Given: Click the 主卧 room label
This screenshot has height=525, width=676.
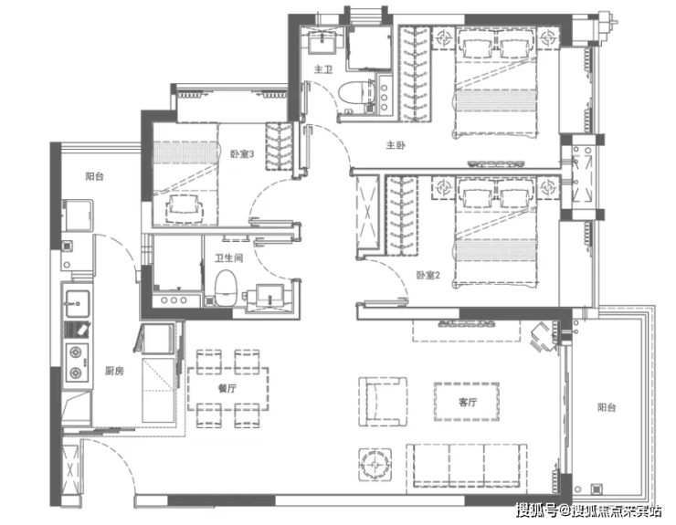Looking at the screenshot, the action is pyautogui.click(x=396, y=145).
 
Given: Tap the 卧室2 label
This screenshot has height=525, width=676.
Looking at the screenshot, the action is pyautogui.click(x=428, y=275).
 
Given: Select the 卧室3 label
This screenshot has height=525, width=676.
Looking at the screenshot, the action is pyautogui.click(x=242, y=154).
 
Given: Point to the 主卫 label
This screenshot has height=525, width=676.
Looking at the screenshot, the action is pyautogui.click(x=323, y=69).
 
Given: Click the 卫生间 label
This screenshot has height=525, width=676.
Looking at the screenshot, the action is pyautogui.click(x=229, y=258).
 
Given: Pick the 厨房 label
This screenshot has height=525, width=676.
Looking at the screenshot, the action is pyautogui.click(x=114, y=371).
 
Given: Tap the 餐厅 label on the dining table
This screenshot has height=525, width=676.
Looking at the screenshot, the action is pyautogui.click(x=227, y=388).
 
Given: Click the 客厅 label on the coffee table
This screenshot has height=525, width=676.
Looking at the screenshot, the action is pyautogui.click(x=468, y=402).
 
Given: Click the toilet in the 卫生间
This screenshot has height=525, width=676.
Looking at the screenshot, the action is pyautogui.click(x=227, y=288).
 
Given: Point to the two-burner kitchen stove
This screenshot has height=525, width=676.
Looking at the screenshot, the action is pyautogui.click(x=77, y=362).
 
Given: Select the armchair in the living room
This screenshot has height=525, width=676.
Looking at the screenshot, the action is pyautogui.click(x=383, y=402).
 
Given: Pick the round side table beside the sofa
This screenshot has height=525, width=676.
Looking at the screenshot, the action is pyautogui.click(x=375, y=465).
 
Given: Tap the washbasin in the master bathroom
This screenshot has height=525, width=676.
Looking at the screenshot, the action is pyautogui.click(x=322, y=42).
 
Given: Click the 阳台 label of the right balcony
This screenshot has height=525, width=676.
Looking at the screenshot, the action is pyautogui.click(x=607, y=407).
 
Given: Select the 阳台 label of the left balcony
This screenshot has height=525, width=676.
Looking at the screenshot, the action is pyautogui.click(x=94, y=176).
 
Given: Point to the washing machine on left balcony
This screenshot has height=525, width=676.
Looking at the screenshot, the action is pyautogui.click(x=78, y=215).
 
